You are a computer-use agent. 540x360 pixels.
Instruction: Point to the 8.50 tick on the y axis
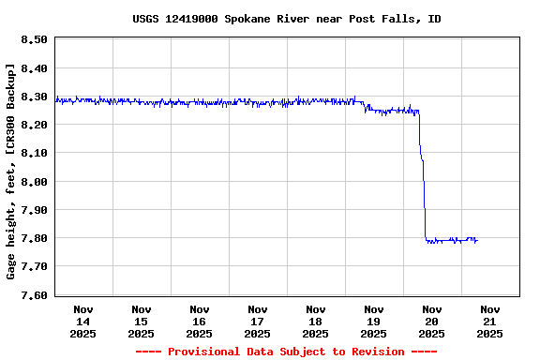[x=34, y=39]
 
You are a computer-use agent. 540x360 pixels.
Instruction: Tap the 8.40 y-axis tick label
[x=34, y=67]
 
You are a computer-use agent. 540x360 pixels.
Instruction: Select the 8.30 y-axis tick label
[x=34, y=97]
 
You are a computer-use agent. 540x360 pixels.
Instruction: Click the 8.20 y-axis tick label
[x=34, y=125]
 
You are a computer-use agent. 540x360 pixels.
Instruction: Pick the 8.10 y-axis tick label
[x=34, y=153]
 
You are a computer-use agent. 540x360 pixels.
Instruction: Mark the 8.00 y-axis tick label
[x=34, y=181]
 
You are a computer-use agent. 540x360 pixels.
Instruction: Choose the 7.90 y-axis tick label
[x=34, y=210]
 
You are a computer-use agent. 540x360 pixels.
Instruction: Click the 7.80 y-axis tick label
[x=34, y=238]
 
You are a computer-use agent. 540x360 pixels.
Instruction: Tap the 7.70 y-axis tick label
[x=34, y=266]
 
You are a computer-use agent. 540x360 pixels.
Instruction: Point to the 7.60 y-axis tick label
[x=34, y=294]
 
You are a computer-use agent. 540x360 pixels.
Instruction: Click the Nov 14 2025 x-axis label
[x=83, y=321]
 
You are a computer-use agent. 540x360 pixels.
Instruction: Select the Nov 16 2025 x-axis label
[x=200, y=321]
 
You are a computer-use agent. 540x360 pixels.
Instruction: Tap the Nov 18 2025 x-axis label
[x=316, y=321]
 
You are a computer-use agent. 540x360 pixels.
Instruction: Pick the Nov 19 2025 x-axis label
[x=374, y=321]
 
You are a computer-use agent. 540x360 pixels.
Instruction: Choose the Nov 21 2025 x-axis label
[x=489, y=321]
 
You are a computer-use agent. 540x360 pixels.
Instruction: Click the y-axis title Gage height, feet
[x=10, y=171]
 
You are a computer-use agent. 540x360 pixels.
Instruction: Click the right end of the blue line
[x=477, y=241]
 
